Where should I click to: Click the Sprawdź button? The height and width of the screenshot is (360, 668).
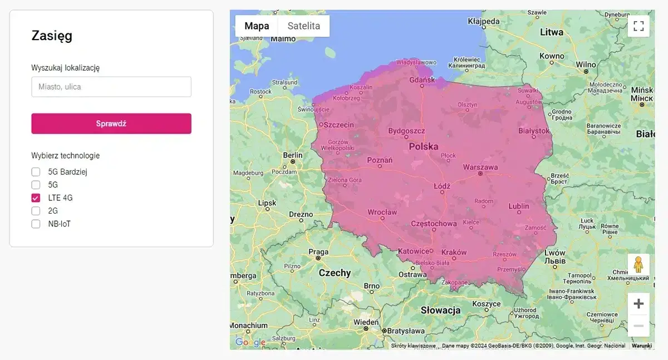[111, 124]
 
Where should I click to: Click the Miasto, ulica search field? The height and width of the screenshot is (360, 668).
[111, 87]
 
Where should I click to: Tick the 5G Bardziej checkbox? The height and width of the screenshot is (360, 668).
[36, 171]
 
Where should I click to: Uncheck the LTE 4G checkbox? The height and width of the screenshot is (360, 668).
[36, 198]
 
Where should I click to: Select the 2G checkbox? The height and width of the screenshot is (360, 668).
[36, 211]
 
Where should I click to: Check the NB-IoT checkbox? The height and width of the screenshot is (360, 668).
[36, 224]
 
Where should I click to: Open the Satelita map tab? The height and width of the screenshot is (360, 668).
[303, 26]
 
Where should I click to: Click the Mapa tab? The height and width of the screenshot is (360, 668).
[257, 26]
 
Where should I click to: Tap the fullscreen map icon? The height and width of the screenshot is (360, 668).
[638, 26]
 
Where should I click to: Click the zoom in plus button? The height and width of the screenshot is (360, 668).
[638, 304]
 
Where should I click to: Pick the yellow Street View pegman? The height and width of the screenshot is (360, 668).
[638, 264]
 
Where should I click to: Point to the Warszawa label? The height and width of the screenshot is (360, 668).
[480, 167]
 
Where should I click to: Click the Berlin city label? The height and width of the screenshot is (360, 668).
[293, 155]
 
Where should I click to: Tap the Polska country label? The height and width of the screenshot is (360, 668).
[424, 147]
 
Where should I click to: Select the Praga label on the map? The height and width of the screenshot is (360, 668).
[318, 251]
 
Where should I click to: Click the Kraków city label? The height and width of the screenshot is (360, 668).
[454, 252]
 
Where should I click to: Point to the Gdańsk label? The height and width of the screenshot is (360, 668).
[421, 80]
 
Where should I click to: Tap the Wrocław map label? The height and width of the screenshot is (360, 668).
[382, 212]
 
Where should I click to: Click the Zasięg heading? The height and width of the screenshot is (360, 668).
[52, 36]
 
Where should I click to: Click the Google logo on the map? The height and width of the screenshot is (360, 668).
[250, 342]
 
